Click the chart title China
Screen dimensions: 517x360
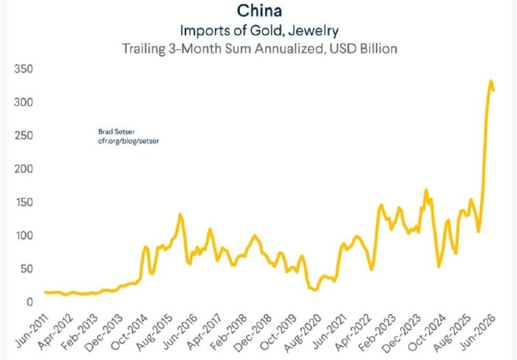pos(260,10)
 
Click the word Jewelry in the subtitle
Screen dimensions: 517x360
pos(313,30)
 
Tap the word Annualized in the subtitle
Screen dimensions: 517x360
pos(290,48)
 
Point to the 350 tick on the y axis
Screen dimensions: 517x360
pos(24,69)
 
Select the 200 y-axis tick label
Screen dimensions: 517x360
pos(24,169)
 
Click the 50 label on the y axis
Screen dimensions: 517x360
pos(26,269)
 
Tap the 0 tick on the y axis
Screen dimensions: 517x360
pos(30,302)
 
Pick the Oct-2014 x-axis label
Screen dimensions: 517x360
pos(129,332)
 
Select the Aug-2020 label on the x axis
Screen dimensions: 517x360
pos(302,332)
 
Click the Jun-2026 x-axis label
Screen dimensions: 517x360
pos(478,332)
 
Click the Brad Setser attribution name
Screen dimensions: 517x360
pos(116,132)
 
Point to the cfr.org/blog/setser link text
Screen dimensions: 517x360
pos(128,141)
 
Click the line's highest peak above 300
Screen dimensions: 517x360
pos(491,81)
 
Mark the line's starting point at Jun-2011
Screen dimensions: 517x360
pos(46,292)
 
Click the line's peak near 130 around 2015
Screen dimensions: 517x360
pos(180,215)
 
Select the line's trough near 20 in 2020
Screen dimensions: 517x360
pos(315,290)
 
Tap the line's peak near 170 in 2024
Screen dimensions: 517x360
pos(426,190)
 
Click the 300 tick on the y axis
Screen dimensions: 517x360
pos(24,102)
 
